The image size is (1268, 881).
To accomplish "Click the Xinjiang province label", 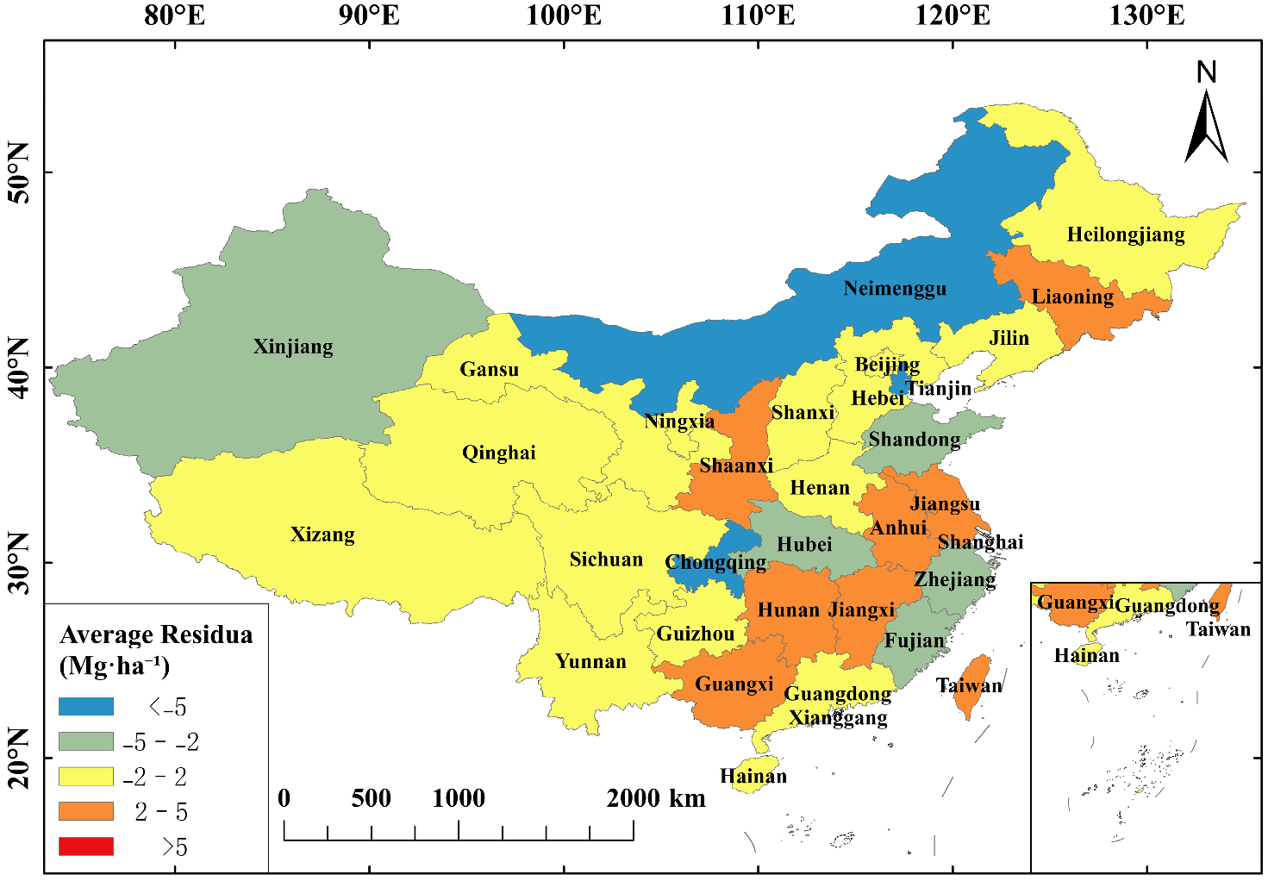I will point(293,347).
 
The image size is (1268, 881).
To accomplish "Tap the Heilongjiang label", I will point(1125,234).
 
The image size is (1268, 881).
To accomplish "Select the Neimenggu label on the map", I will point(894,289).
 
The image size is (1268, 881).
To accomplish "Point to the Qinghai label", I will point(498,453).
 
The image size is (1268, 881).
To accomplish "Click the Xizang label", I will point(322,534).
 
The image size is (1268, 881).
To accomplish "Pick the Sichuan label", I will point(606,559).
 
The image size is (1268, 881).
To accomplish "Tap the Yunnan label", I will point(590,661).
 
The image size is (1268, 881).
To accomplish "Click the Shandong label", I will point(914,440).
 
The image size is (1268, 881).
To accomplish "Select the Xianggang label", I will point(838,717).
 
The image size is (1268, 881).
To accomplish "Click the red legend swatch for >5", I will point(86,847).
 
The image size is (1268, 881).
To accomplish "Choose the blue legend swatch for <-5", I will point(86,707).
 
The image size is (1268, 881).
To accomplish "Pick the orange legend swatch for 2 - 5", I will point(86,811).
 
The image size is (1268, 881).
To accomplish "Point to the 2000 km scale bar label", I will point(655,798).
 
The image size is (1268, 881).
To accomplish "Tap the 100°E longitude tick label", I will point(565,16).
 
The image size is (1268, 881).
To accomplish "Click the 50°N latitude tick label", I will point(19,172).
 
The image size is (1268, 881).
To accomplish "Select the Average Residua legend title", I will point(156,635).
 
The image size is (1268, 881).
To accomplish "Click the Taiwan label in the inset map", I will point(1217,629).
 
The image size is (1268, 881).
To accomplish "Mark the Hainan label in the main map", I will point(753,776).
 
